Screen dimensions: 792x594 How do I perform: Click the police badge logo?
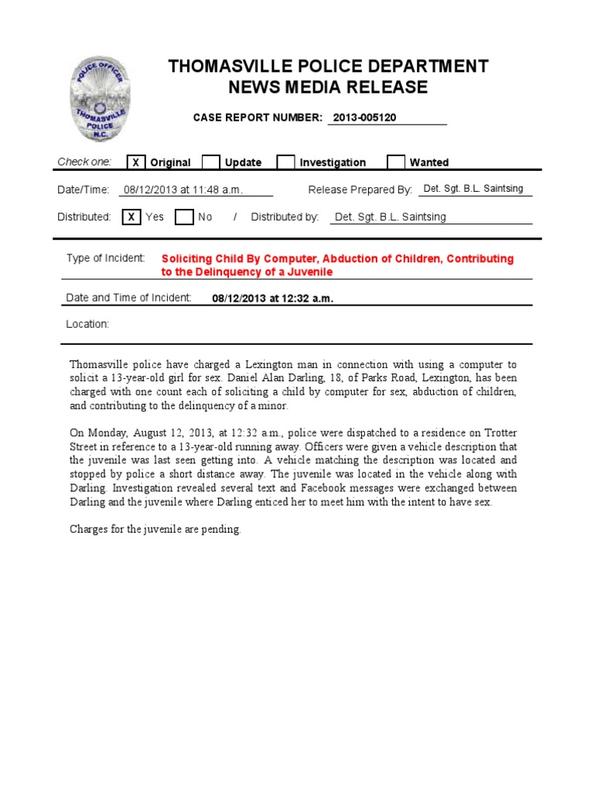pos(101,97)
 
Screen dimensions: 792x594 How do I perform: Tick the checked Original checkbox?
pos(135,162)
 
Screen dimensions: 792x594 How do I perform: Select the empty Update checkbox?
pos(210,162)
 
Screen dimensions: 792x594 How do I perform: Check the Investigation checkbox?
pos(285,162)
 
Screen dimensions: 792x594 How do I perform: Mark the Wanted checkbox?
pos(395,162)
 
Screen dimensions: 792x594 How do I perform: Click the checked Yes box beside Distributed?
pos(131,217)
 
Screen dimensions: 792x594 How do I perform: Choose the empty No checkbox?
pos(183,217)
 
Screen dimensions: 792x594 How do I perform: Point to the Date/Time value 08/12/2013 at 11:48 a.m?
pos(183,190)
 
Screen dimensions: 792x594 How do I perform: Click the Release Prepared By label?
pos(360,190)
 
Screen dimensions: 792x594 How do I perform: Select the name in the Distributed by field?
pos(390,217)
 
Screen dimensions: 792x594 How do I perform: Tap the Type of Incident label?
pos(105,258)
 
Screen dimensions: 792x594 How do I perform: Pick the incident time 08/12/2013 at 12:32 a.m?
pos(272,299)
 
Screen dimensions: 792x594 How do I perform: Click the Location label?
pos(87,324)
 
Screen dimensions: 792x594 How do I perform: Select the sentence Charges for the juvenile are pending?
pos(155,530)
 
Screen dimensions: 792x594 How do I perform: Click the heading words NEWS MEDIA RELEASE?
pos(329,87)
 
